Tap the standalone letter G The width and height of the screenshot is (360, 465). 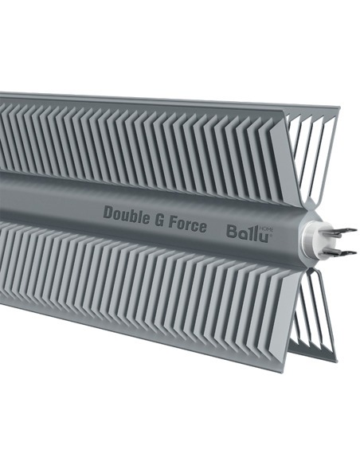pos(161,219)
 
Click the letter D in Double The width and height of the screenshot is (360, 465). pos(108,212)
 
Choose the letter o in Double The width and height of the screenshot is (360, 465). pos(117,214)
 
